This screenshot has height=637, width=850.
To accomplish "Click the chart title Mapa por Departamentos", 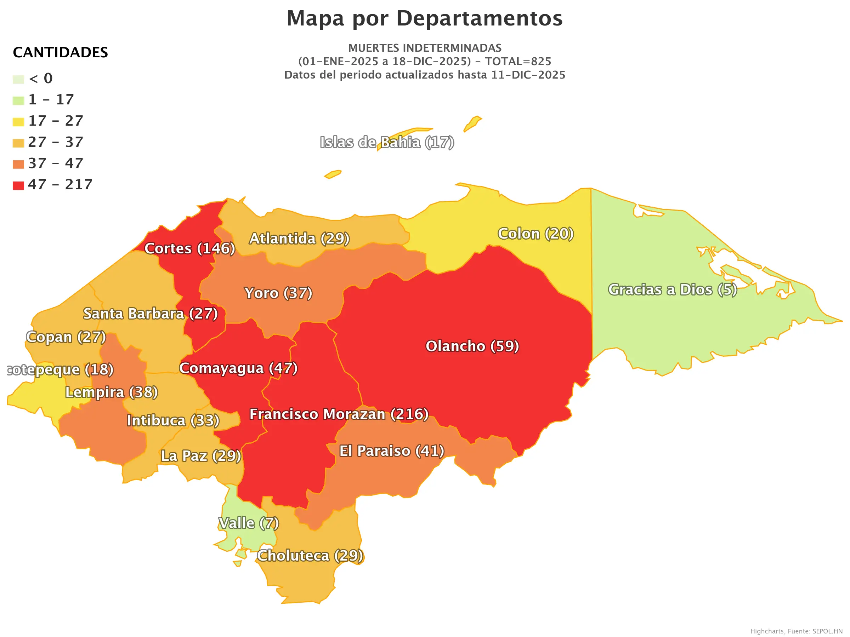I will [x=425, y=18].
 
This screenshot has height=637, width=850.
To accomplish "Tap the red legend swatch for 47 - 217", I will [x=18, y=185].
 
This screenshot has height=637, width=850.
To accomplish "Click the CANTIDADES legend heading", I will [x=60, y=53].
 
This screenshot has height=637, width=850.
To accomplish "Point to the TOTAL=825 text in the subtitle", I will [x=517, y=62].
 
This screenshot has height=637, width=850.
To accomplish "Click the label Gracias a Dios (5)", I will [x=672, y=289].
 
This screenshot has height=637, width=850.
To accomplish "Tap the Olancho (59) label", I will [x=472, y=346].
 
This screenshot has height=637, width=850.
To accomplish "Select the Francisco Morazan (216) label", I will [x=339, y=414].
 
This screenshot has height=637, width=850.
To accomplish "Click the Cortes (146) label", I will [x=189, y=248].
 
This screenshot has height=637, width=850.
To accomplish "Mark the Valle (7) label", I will [x=248, y=523].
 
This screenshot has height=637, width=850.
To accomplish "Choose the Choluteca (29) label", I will [x=310, y=556].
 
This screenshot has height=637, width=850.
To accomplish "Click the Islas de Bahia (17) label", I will [x=387, y=143].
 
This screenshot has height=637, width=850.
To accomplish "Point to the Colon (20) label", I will [x=535, y=234].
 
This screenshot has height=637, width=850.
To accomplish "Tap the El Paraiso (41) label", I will [x=391, y=451].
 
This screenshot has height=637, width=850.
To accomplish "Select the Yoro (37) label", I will [x=278, y=293].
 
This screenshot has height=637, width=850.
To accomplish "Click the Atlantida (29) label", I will [x=299, y=239].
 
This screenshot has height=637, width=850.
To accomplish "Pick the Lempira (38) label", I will [x=112, y=392].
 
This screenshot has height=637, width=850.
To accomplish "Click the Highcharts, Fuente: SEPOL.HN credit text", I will [x=796, y=631].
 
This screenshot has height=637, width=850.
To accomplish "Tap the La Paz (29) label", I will [x=200, y=456].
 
